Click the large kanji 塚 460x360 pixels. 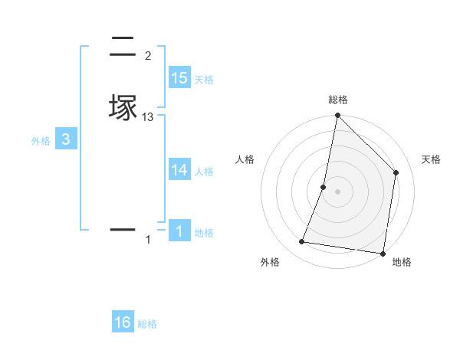coord(123,107)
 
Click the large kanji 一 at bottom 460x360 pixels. coord(123,229)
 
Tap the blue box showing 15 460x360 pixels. coord(179,78)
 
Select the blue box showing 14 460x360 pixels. coord(179,170)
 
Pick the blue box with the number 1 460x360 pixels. coord(179,231)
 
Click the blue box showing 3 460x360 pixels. coord(66,139)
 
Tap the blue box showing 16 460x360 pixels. coord(123,322)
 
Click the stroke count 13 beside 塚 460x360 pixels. coord(148,117)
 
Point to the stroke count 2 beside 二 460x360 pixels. coord(148,55)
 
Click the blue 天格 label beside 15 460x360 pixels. coord(204,80)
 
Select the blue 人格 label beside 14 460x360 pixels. coord(204,172)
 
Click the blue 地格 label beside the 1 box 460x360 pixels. coord(204,233)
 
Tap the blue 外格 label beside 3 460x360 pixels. coord(41,141)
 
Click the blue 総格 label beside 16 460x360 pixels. coord(147,324)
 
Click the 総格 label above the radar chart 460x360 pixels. coord(338,100)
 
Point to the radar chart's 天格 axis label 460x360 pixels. coord(431,159)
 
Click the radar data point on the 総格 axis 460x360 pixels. coord(337,116)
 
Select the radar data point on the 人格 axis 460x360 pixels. coord(324,187)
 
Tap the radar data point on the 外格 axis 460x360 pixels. coord(302,242)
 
